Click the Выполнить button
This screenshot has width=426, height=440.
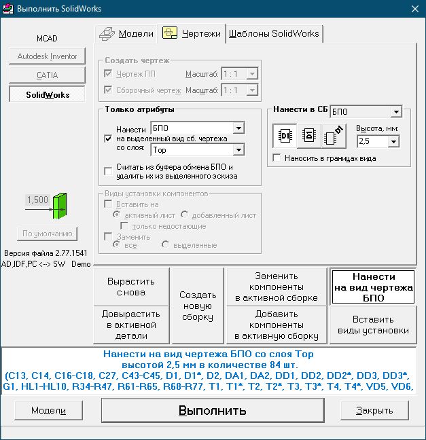pyautogui.click(x=213, y=410)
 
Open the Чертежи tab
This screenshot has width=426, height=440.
pyautogui.click(x=192, y=34)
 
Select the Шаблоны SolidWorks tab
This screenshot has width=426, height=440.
pyautogui.click(x=274, y=34)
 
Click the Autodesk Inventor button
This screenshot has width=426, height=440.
pyautogui.click(x=47, y=56)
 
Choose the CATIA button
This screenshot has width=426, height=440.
pyautogui.click(x=47, y=75)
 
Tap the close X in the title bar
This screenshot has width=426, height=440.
pyautogui.click(x=414, y=9)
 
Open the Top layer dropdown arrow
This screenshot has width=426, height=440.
pyautogui.click(x=238, y=150)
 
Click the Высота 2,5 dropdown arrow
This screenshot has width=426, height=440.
pyautogui.click(x=393, y=141)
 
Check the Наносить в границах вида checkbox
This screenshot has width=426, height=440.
pyautogui.click(x=277, y=158)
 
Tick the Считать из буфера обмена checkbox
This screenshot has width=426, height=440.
pyautogui.click(x=108, y=171)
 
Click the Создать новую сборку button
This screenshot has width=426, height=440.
pyautogui.click(x=198, y=306)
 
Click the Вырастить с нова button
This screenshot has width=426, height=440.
pyautogui.click(x=131, y=287)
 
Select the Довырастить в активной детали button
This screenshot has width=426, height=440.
pyautogui.click(x=131, y=325)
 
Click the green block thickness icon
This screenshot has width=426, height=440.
pyautogui.click(x=60, y=206)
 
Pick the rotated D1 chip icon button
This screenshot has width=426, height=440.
pyautogui.click(x=334, y=136)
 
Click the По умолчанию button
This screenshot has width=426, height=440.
pyautogui.click(x=47, y=234)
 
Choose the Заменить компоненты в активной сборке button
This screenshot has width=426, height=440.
pyautogui.click(x=277, y=287)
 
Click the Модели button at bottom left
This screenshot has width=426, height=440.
pyautogui.click(x=48, y=410)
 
